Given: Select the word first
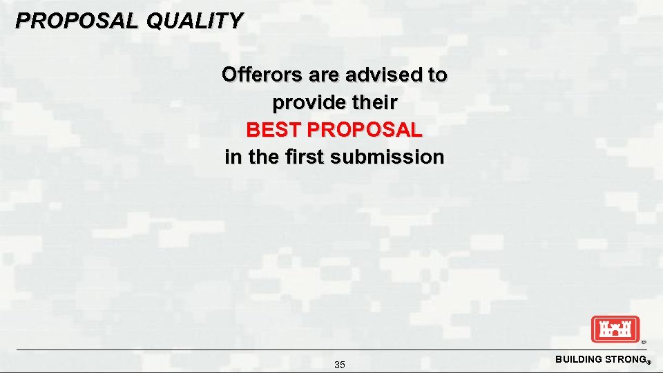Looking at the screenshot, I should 302,157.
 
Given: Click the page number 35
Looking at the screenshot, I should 340,365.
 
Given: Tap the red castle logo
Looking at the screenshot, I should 615,329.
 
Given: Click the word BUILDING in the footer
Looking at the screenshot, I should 579,359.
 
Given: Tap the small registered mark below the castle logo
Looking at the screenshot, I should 643,341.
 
